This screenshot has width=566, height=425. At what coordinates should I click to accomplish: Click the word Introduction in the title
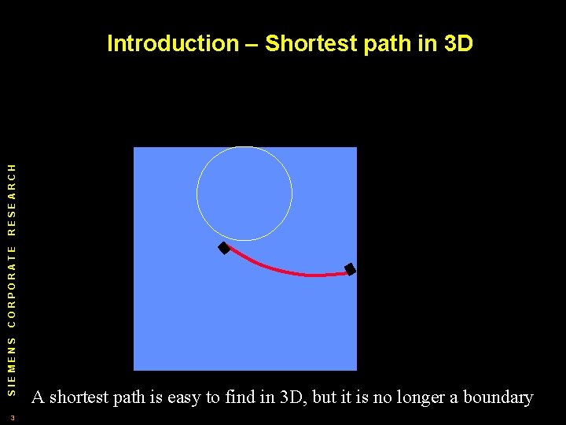[171, 43]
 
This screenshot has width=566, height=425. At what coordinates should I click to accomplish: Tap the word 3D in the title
[458, 43]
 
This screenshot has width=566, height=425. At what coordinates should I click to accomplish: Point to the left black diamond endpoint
[224, 249]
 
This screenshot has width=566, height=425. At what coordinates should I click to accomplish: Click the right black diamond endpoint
[351, 270]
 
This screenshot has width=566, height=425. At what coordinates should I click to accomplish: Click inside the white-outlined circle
[244, 194]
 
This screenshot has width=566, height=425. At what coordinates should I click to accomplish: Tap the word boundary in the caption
[498, 397]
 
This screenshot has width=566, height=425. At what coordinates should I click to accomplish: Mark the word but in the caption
[325, 397]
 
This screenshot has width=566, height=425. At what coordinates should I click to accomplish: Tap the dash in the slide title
[252, 44]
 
